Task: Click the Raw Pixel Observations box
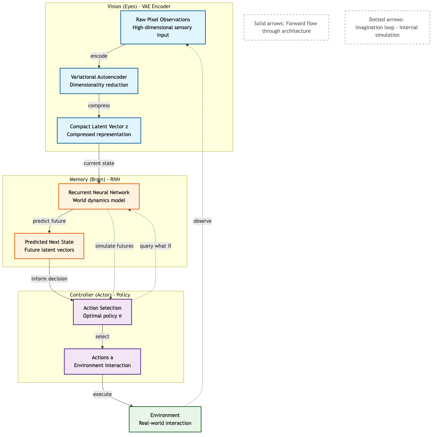pyautogui.click(x=163, y=28)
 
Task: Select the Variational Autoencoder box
pyautogui.click(x=99, y=81)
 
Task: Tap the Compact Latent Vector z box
pyautogui.click(x=99, y=131)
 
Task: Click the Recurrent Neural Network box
pyautogui.click(x=99, y=197)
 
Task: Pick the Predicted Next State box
pyautogui.click(x=49, y=246)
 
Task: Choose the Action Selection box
pyautogui.click(x=102, y=312)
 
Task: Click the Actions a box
pyautogui.click(x=102, y=362)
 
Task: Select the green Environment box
pyautogui.click(x=165, y=419)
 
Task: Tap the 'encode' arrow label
pyautogui.click(x=99, y=56)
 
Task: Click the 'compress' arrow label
pyautogui.click(x=99, y=106)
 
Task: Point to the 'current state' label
pyautogui.click(x=99, y=163)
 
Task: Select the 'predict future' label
pyautogui.click(x=49, y=221)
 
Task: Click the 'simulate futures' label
pyautogui.click(x=114, y=246)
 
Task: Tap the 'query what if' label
pyautogui.click(x=156, y=246)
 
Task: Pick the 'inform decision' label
pyautogui.click(x=49, y=279)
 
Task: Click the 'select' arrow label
pyautogui.click(x=102, y=337)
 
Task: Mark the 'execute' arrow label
pyautogui.click(x=102, y=394)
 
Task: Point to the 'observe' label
pyautogui.click(x=202, y=221)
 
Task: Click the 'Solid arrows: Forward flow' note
pyautogui.click(x=286, y=28)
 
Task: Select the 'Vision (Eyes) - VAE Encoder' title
pyautogui.click(x=139, y=7)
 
